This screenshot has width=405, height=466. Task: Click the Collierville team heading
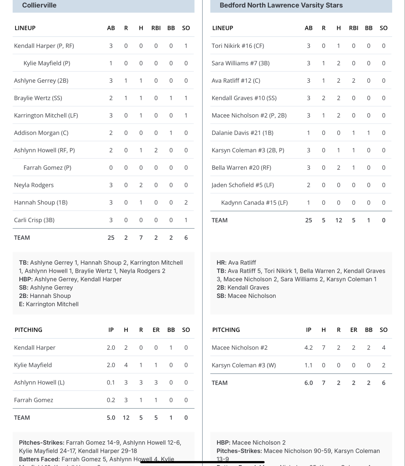coord(39,5)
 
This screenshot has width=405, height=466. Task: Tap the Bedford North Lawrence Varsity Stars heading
coord(281,5)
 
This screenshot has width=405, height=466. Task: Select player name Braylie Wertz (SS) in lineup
coord(38,98)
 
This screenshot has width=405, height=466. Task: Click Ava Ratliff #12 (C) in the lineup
coord(236,80)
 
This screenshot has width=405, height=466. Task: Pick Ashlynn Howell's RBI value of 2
coord(156,150)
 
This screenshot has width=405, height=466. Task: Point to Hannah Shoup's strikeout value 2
coord(186,202)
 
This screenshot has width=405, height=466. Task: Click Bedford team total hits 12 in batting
coord(338,220)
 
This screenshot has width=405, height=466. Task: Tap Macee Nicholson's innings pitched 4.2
coord(308,347)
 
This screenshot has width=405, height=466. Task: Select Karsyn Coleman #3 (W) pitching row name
coord(244,365)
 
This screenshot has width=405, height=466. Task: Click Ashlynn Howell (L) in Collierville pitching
coord(39,382)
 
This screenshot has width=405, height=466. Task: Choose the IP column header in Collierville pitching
coord(111,330)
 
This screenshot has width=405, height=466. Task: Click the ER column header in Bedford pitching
coord(354,330)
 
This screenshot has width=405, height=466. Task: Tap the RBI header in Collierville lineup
coord(156,28)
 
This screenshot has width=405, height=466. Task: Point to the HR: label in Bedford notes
coord(221,263)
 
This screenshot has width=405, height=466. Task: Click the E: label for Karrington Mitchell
coord(21,304)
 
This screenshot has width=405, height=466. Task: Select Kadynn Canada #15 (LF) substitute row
coord(254,202)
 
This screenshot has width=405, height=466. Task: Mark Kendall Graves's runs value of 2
coord(323,98)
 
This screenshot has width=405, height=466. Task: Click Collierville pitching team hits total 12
coord(126,418)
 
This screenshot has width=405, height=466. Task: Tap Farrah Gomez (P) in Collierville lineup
coord(47,167)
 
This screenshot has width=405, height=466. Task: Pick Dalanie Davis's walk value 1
coord(368,133)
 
